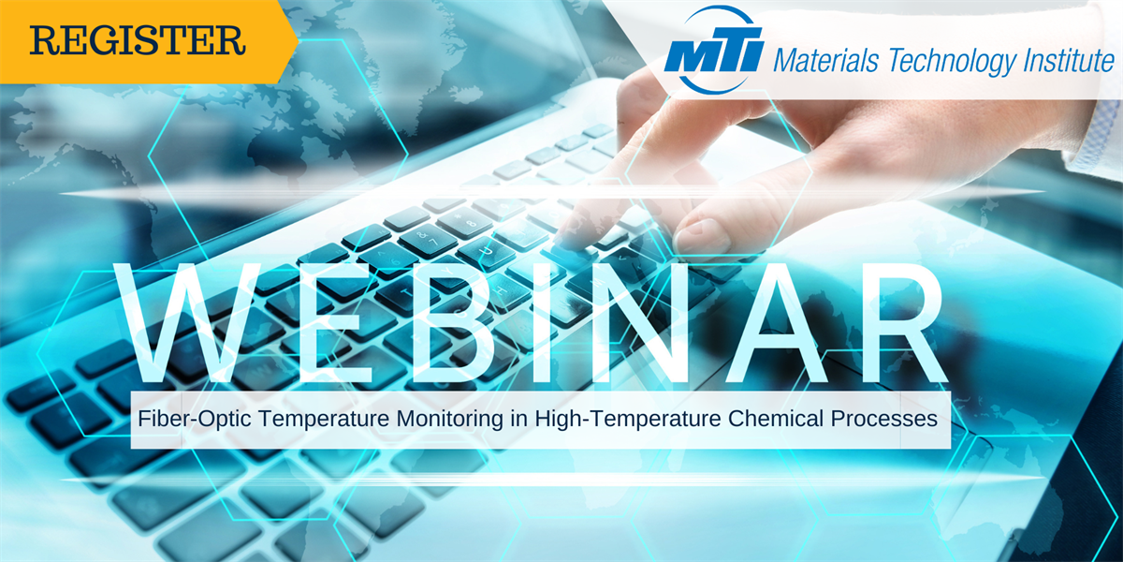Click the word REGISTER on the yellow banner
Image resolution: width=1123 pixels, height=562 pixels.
coord(138,40)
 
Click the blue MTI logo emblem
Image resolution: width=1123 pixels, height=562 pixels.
coord(714,51)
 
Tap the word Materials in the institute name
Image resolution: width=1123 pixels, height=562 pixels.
coord(825,61)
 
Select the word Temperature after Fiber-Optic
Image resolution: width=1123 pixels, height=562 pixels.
coord(324,419)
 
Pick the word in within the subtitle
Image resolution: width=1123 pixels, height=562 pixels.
coord(519,418)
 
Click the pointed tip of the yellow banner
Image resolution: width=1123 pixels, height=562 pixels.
coord(299,41)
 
